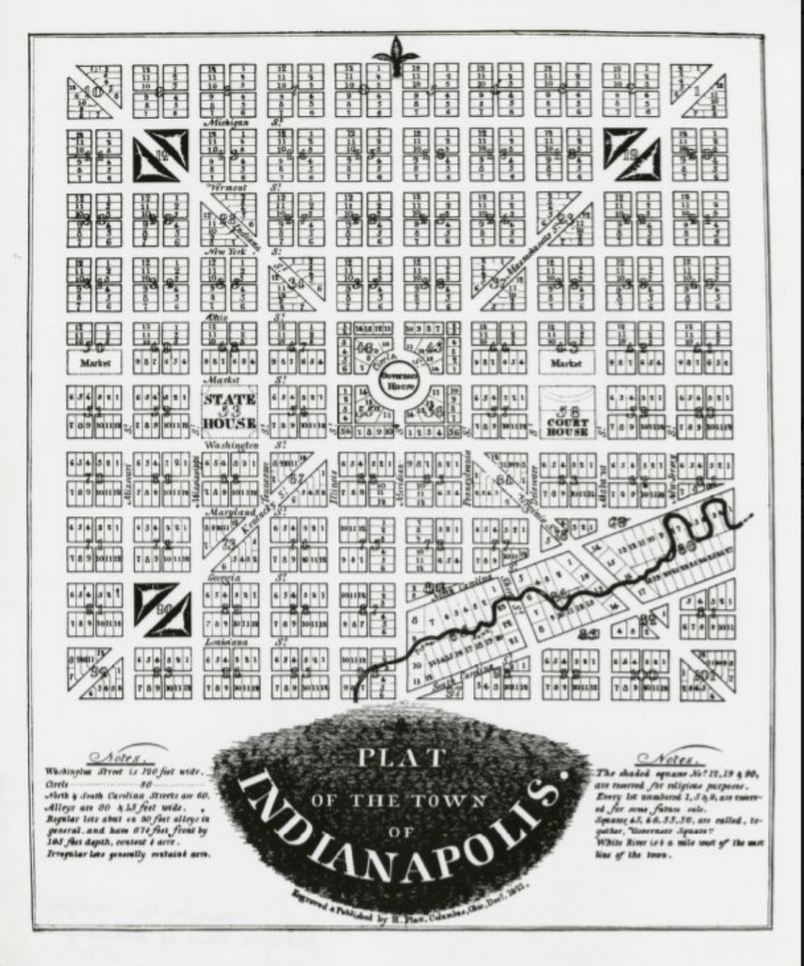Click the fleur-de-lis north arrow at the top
395,55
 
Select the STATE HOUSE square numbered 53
229,411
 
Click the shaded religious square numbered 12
161,155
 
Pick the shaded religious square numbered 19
632,153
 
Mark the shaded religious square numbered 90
162,608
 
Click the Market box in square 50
94,361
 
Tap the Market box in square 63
566,361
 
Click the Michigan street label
227,124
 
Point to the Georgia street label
223,576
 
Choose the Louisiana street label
226,641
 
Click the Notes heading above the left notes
114,758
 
